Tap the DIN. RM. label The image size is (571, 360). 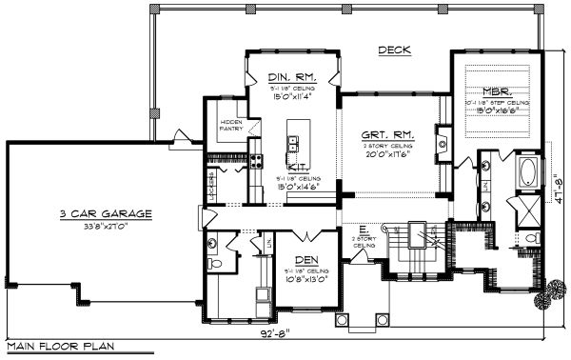(x=286, y=77)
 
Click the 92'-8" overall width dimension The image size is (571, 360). (x=278, y=336)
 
